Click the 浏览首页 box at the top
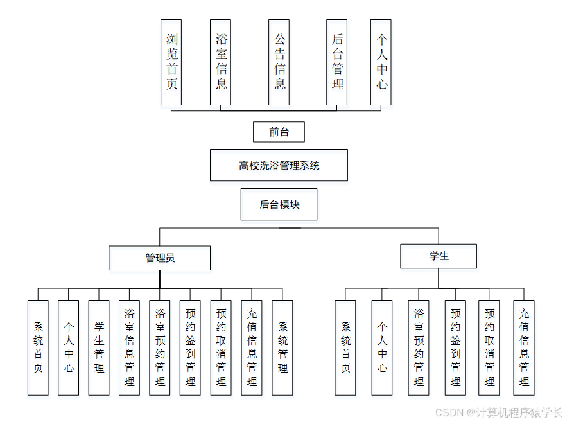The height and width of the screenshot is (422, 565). [171, 62]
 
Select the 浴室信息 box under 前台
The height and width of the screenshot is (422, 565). [220, 62]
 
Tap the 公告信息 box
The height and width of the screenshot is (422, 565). [279, 62]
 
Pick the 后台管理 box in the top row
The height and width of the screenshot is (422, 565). [336, 62]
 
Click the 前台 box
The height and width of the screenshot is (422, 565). [279, 132]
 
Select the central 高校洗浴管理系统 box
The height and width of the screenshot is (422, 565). [279, 165]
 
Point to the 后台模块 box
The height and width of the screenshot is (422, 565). [279, 204]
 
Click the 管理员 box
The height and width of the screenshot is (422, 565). [159, 258]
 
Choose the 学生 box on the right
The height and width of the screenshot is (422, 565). [439, 256]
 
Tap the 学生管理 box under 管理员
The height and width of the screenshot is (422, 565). [99, 347]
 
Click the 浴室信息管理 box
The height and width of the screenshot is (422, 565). [129, 347]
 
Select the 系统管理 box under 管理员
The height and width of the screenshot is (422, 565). [282, 347]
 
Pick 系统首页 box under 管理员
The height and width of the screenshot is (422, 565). [38, 347]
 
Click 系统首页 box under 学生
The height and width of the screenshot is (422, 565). [345, 347]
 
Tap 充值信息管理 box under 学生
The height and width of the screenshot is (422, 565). [523, 347]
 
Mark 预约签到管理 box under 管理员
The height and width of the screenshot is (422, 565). [190, 347]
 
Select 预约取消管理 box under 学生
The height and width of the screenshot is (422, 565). [489, 347]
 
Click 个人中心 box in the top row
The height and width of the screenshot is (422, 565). [381, 62]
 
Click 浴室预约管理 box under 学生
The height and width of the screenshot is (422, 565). [419, 347]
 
